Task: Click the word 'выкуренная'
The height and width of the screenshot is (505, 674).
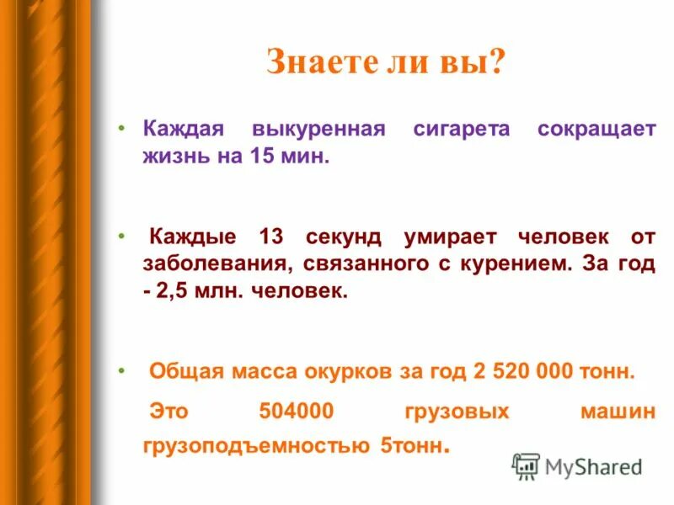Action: click(317, 130)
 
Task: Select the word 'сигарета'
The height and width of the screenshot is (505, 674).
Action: click(462, 130)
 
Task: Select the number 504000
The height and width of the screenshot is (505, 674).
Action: click(297, 411)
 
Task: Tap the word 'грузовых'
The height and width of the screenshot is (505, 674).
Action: click(457, 411)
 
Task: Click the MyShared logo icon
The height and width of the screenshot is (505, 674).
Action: click(526, 466)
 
